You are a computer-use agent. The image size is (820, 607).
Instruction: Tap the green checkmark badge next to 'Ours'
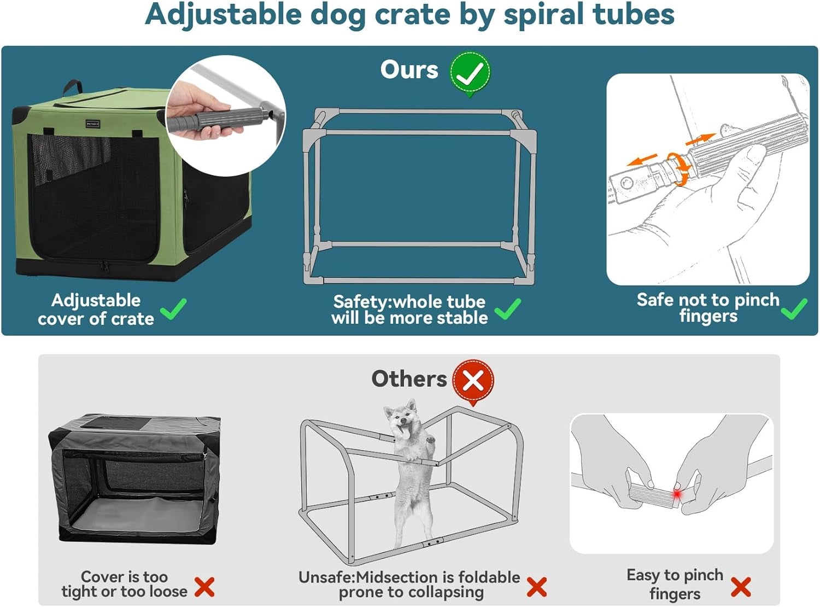coord(470,73)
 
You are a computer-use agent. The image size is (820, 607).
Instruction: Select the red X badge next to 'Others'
coord(473,381)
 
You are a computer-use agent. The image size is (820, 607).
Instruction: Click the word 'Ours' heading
coord(409,70)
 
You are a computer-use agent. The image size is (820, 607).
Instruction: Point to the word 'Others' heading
coord(409,378)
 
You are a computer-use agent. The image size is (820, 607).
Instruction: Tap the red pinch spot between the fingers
coord(677,494)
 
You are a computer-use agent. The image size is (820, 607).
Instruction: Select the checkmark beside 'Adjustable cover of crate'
coord(174,310)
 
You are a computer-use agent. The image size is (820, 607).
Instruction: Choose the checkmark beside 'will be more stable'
coord(507,309)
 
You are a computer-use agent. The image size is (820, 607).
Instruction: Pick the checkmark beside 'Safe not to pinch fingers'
coord(794,309)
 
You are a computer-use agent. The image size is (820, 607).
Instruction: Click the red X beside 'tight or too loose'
coord(204,587)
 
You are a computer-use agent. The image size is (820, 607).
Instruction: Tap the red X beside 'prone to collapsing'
coord(536,587)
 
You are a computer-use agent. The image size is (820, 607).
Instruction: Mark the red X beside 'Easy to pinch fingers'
coord(741,587)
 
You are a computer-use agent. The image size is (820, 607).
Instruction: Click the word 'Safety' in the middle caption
coord(362,302)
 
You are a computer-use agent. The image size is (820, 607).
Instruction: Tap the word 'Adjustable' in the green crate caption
coord(96,300)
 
